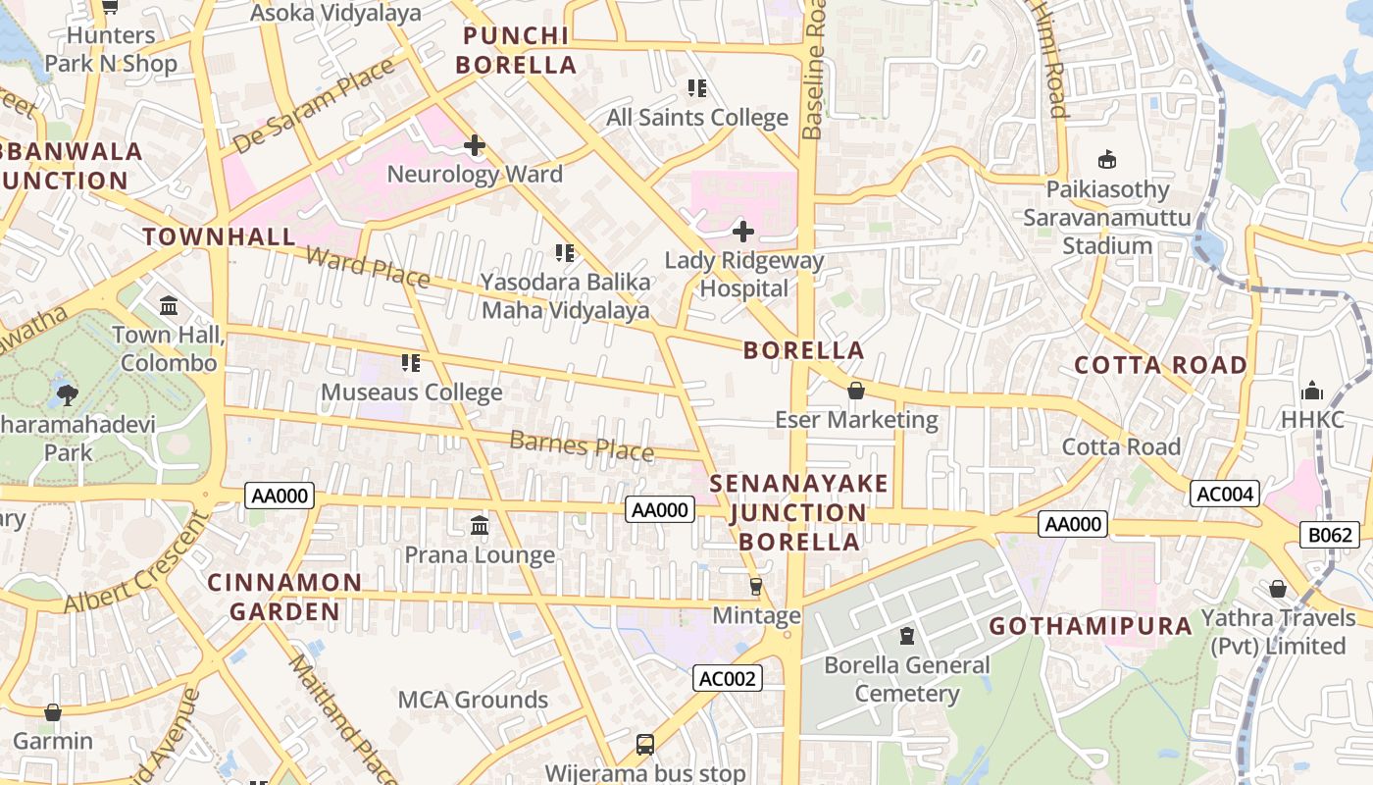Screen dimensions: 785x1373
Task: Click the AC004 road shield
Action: click(x=1224, y=494)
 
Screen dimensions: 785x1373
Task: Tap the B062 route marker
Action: click(x=1331, y=535)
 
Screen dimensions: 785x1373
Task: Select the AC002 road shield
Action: click(x=728, y=678)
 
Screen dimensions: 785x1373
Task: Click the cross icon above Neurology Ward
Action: click(x=475, y=146)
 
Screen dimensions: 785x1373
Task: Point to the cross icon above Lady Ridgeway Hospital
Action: click(x=743, y=232)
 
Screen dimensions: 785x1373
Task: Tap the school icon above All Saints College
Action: click(x=697, y=88)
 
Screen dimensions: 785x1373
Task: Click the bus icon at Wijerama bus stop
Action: click(x=644, y=745)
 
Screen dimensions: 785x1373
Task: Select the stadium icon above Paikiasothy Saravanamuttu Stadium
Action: click(x=1107, y=160)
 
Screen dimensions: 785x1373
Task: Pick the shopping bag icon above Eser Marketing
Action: click(x=856, y=391)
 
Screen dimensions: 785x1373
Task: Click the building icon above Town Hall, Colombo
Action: click(x=169, y=306)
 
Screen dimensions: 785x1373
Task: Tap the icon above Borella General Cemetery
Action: click(x=907, y=636)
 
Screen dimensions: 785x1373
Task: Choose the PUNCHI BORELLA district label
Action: click(x=518, y=51)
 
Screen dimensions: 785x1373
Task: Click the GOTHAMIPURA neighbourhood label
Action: click(x=1090, y=626)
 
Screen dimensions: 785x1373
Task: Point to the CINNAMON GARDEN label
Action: click(x=284, y=597)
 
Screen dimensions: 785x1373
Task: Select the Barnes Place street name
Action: click(x=581, y=445)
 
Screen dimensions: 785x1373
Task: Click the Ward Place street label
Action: click(x=367, y=267)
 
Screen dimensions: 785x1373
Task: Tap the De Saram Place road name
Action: click(x=313, y=106)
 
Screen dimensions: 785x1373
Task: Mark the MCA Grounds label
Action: click(x=473, y=700)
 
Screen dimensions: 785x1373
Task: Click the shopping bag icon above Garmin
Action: click(x=53, y=712)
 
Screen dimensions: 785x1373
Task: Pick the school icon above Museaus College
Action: click(x=411, y=363)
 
